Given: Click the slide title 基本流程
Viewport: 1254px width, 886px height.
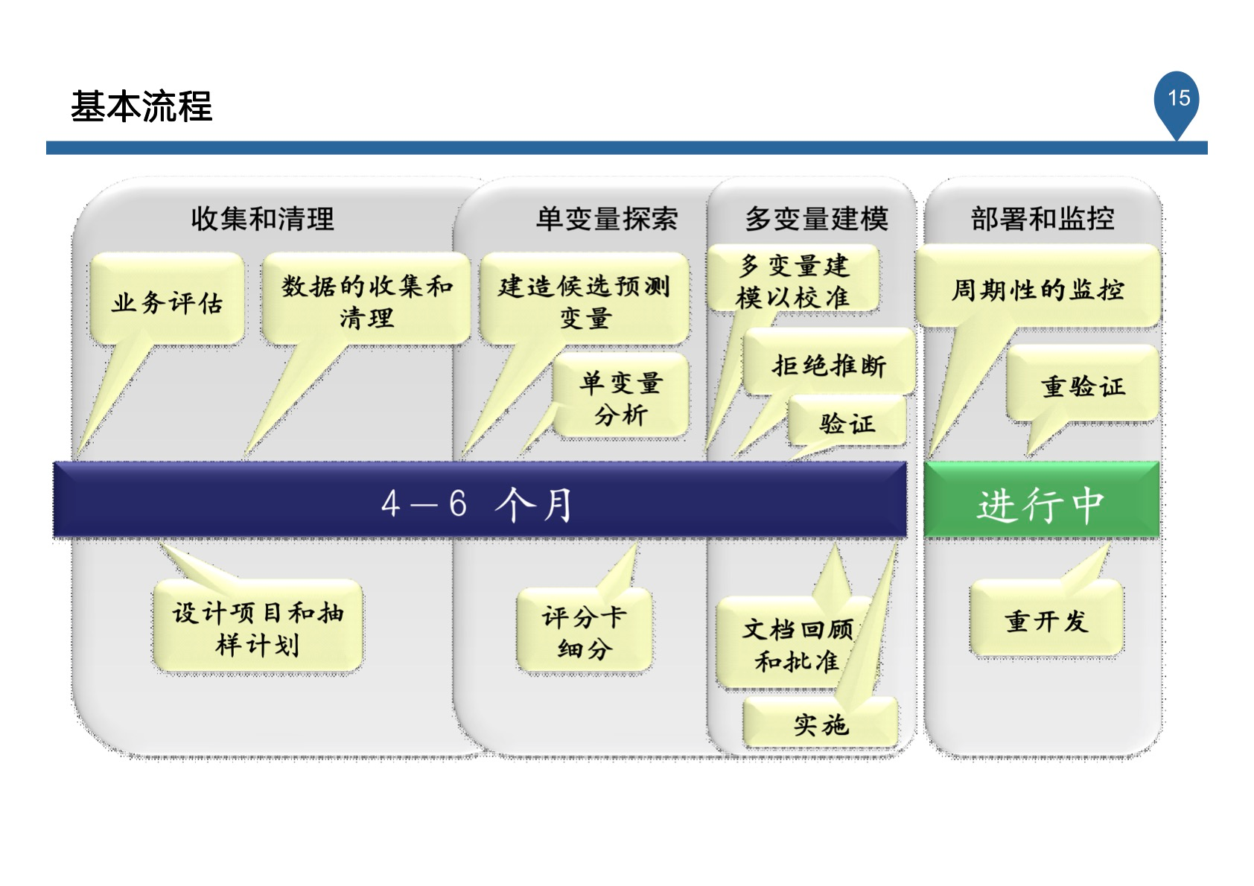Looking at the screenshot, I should [x=141, y=106].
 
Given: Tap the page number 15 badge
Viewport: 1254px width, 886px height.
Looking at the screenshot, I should [x=1178, y=99].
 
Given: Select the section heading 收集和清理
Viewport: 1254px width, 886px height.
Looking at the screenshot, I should [x=262, y=219].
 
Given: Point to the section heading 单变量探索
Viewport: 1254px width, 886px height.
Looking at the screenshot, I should [x=606, y=219].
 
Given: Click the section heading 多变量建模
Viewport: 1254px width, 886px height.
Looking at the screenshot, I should [x=816, y=219].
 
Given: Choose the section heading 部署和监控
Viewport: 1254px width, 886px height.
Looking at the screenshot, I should [x=1042, y=219].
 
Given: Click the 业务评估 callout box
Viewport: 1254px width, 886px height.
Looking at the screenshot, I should [x=167, y=302].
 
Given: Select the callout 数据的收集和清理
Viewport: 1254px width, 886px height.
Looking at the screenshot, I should [x=366, y=302].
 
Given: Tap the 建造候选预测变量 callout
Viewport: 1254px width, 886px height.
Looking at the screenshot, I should [x=584, y=302].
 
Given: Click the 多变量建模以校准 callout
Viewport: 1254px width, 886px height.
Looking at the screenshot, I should [x=792, y=281].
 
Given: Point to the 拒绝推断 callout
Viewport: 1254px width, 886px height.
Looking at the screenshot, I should [x=828, y=365].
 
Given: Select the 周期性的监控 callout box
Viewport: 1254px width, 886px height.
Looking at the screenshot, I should [x=1037, y=289].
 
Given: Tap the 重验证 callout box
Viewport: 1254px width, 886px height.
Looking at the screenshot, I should [x=1083, y=386].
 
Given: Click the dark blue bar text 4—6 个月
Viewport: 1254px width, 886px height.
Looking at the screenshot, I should [x=477, y=503].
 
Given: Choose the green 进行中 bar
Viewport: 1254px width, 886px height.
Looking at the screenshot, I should [x=1041, y=503].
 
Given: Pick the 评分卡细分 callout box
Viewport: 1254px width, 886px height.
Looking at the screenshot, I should [x=585, y=632].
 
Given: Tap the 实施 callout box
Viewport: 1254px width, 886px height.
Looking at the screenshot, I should [x=821, y=723].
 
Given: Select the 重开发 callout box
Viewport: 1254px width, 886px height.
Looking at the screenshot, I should [x=1045, y=619].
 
